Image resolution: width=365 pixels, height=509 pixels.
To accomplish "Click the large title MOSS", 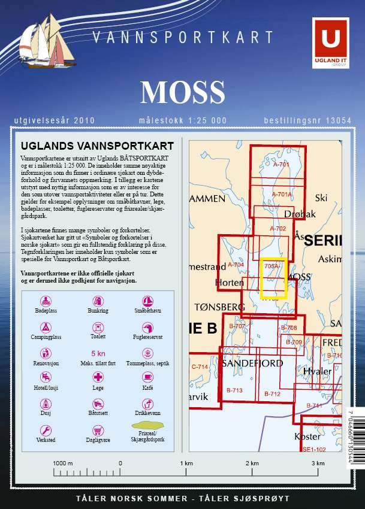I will coord(182,92).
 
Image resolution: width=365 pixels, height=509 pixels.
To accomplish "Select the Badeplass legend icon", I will coord(46,301).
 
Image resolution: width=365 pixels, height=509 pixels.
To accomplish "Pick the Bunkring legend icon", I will coord(98,301).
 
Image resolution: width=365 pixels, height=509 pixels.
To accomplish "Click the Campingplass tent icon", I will coord(46,327).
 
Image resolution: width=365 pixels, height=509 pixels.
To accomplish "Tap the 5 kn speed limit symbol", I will coord(98,353).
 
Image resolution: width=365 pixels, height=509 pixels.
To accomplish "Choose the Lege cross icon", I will coord(98,377).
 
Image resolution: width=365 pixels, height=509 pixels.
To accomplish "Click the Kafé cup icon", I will coord(147,377).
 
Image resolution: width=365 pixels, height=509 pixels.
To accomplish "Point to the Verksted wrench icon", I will coord(46,430).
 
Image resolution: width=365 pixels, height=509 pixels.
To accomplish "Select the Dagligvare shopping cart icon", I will coord(98,430).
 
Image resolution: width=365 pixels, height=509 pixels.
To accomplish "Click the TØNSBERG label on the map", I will coord(220,307).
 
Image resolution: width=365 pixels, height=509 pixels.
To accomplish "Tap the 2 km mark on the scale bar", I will coord(252,463).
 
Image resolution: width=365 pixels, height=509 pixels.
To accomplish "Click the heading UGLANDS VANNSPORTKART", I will coord(97,146).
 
